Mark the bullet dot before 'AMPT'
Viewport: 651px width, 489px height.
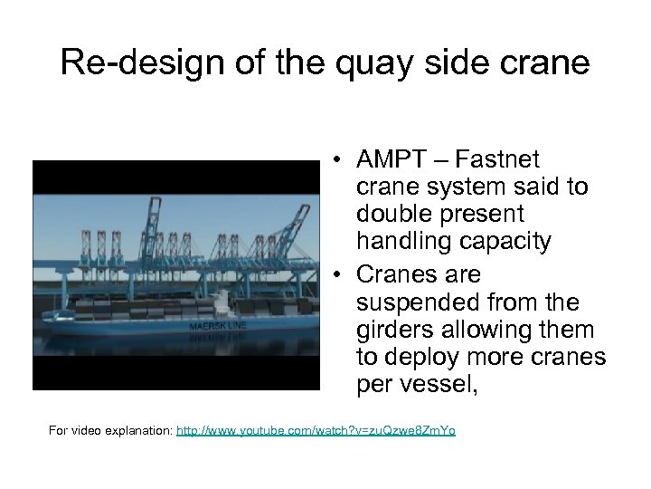335,161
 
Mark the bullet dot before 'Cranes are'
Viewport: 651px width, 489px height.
335,274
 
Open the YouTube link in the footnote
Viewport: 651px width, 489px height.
316,430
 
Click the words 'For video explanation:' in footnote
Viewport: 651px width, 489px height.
109,430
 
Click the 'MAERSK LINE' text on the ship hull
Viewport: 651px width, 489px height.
218,325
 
